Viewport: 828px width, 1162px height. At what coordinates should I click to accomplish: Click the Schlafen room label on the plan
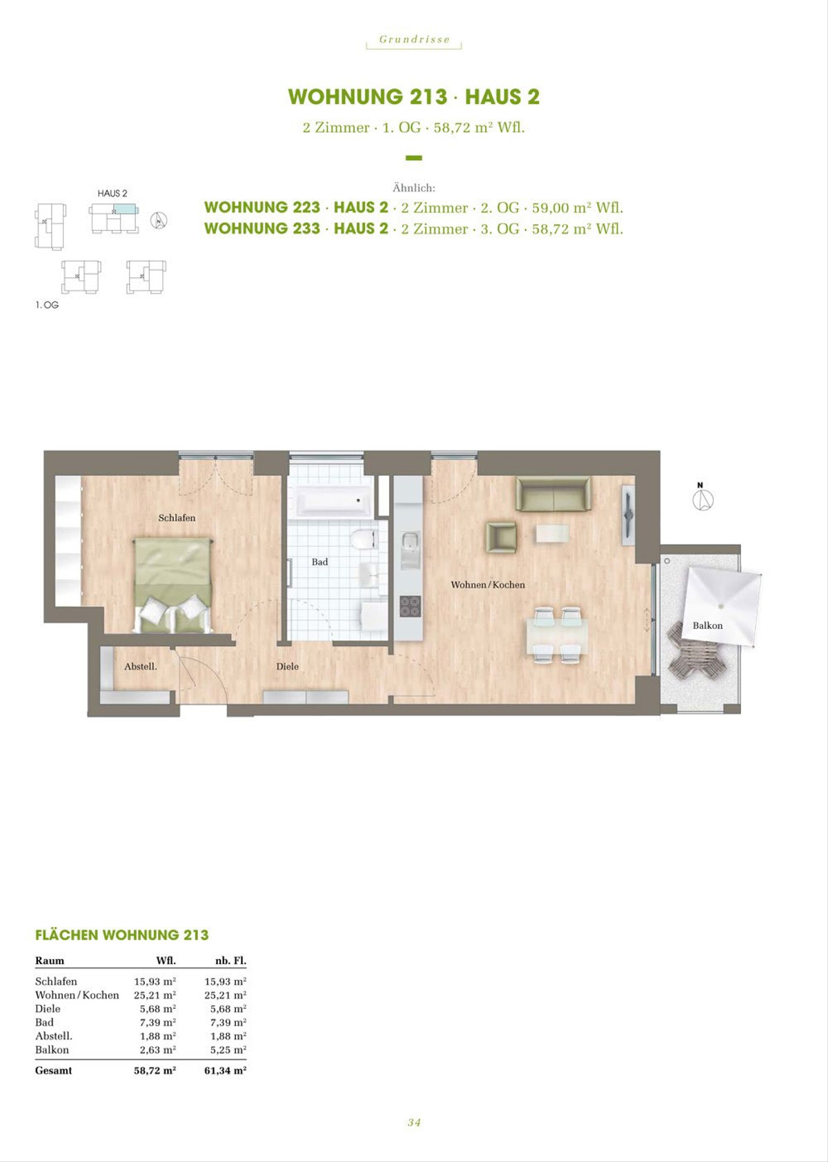[177, 518]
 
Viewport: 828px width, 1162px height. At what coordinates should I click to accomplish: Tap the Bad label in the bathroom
[319, 562]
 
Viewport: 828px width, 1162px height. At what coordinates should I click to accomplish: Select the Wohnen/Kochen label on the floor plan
[487, 585]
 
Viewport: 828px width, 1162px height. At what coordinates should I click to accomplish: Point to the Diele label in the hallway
[287, 667]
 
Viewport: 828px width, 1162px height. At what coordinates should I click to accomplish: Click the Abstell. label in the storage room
[140, 667]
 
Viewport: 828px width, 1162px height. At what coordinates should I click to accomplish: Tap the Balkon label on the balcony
[707, 625]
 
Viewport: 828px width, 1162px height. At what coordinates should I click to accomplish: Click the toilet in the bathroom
[363, 539]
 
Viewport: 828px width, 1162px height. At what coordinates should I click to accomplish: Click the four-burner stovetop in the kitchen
[410, 606]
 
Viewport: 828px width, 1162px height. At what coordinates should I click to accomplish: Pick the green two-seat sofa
[553, 494]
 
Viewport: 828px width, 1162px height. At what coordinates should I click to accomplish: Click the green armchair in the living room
[501, 537]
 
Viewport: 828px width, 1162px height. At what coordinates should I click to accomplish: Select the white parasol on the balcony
[722, 606]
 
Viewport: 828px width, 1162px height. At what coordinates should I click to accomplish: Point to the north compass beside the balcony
[703, 498]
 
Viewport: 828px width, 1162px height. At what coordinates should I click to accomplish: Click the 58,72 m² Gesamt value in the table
[155, 1070]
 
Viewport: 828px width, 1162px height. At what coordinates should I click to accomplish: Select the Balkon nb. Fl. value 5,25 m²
[226, 1050]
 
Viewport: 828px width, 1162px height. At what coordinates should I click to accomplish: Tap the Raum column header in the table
[50, 960]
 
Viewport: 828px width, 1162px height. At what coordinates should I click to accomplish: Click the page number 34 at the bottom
[414, 1122]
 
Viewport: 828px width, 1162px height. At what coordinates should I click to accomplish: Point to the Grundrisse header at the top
[414, 39]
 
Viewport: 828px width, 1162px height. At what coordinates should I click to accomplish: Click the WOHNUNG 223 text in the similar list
[262, 208]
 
